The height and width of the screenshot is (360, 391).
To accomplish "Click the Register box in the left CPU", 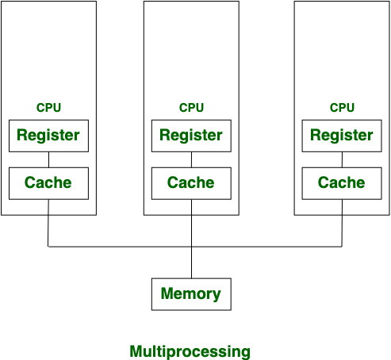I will click(x=48, y=135).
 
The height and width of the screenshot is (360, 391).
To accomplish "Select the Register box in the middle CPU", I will click(x=191, y=135).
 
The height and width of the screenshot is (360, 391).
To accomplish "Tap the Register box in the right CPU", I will click(x=342, y=135).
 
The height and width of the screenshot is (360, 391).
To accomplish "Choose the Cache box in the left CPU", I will click(x=48, y=182).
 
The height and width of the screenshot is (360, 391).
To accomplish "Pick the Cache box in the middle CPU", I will click(x=191, y=182).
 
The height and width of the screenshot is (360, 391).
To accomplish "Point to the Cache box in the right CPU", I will click(x=342, y=182).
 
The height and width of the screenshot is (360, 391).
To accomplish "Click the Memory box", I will click(x=191, y=294).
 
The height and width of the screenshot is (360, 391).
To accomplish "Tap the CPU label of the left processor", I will click(x=48, y=108).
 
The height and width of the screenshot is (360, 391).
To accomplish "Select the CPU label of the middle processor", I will click(x=191, y=108).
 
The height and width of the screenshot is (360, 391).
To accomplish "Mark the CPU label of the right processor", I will click(x=342, y=108).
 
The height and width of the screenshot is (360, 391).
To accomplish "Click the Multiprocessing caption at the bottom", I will click(x=190, y=351).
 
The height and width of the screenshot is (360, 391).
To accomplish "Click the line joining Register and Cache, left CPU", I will click(x=48, y=159).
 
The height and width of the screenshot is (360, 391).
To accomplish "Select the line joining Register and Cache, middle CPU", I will click(x=191, y=159).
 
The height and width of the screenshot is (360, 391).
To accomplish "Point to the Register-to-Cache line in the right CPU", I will click(x=342, y=159).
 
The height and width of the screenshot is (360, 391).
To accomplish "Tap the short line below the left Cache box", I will click(x=48, y=207).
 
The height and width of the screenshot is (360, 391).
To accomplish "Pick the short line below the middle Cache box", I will click(x=191, y=207).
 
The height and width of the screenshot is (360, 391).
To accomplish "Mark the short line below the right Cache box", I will click(x=342, y=207).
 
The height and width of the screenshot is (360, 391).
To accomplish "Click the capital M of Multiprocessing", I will click(x=136, y=350).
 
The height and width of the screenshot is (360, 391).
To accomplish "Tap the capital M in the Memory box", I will click(x=167, y=294).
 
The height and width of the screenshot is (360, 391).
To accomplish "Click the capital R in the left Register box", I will click(x=21, y=135).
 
